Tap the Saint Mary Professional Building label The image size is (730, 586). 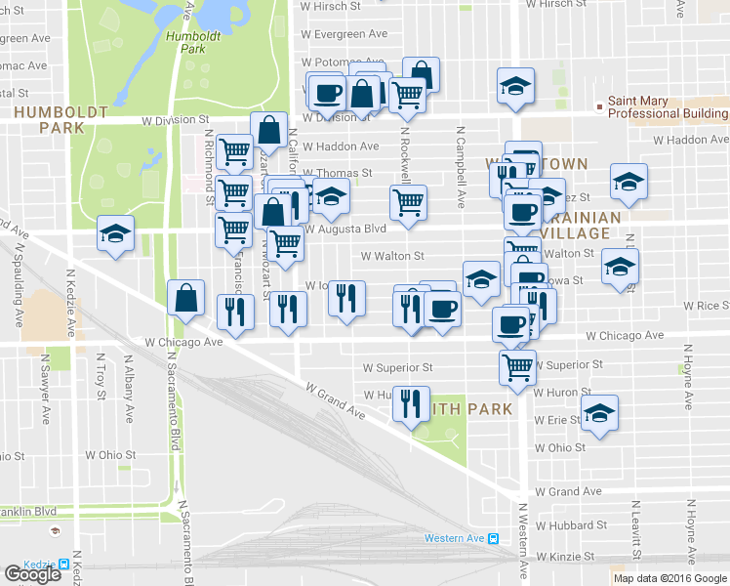pos(669,107)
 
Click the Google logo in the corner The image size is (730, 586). pos(31,574)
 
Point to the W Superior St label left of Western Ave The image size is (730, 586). pos(397,368)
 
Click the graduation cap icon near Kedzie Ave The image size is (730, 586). pos(115,235)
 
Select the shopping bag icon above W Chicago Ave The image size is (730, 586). pos(185,297)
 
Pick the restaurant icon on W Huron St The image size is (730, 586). pos(409,402)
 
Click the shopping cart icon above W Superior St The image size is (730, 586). pos(517,367)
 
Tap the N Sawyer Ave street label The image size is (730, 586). pos(44,387)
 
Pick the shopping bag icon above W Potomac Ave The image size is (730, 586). pos(421,73)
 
